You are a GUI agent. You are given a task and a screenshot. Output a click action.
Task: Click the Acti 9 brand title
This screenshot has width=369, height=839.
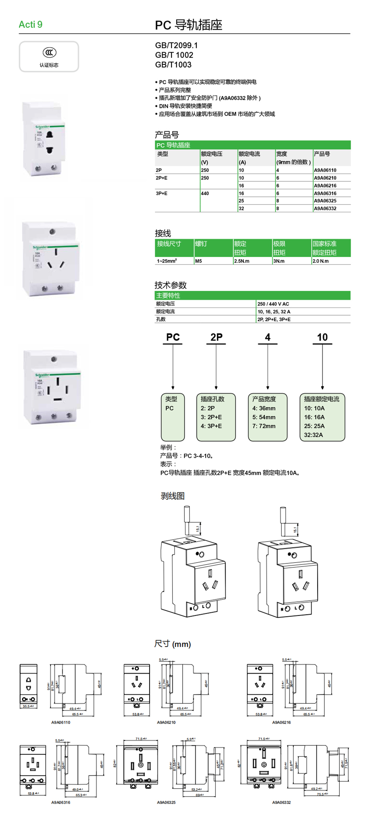(30, 25)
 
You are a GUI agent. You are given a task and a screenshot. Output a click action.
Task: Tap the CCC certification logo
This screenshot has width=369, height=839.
(49, 53)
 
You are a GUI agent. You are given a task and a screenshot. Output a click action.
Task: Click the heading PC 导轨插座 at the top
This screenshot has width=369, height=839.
(188, 25)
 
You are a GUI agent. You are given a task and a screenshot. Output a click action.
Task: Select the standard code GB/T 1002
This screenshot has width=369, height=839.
(174, 55)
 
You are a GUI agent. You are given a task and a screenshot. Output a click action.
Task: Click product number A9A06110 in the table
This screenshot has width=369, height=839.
(325, 170)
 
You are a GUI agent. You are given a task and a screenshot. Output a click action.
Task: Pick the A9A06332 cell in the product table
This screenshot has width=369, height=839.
(325, 208)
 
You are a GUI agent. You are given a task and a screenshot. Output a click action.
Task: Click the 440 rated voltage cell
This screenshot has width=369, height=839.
(205, 193)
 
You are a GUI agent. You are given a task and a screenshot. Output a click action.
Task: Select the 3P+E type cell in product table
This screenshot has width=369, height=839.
(162, 193)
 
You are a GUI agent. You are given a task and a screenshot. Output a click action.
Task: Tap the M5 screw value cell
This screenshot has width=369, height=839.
(199, 261)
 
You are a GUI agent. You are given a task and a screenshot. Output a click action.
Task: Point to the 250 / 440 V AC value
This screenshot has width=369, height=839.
(273, 304)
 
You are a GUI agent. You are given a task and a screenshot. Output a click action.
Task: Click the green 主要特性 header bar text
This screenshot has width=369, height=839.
(168, 296)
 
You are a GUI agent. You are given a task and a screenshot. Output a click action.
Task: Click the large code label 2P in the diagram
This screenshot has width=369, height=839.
(216, 337)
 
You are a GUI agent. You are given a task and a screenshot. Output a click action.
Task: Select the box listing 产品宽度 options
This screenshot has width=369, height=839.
(267, 417)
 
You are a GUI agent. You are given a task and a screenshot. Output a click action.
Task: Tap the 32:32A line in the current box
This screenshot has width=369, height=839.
(313, 435)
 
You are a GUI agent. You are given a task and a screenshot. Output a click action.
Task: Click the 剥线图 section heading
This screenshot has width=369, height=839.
(173, 496)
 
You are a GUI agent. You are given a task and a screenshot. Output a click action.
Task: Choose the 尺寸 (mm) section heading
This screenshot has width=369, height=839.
(173, 644)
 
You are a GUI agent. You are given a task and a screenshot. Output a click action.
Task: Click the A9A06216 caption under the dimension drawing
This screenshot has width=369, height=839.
(282, 722)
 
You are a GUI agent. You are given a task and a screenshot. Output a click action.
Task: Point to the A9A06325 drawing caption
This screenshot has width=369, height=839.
(166, 802)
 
